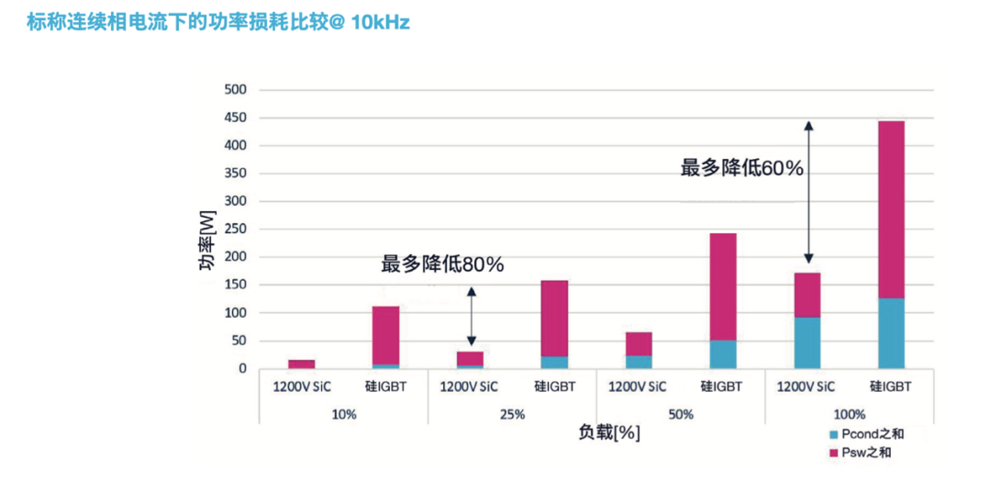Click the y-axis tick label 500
pos(236,89)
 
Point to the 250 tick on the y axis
pos(236,229)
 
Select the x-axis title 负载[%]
pos(609,431)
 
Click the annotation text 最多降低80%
pos(442,264)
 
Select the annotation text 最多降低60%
pos(741,167)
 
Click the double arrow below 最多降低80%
pos(471,316)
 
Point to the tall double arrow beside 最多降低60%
pos(808,193)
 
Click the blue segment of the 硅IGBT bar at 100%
pos(891,333)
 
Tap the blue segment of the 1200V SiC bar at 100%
pos(807,342)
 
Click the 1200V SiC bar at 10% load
pos(302,364)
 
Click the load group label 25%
pos(512,414)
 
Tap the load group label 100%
pos(850,414)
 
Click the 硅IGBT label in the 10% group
pos(385,387)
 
